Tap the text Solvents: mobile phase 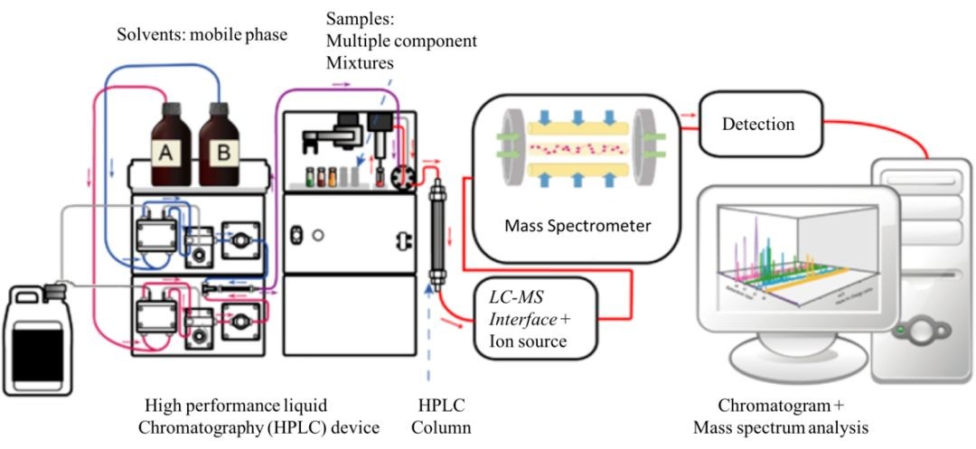tap(202, 35)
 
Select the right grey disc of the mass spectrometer tap(649, 145)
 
